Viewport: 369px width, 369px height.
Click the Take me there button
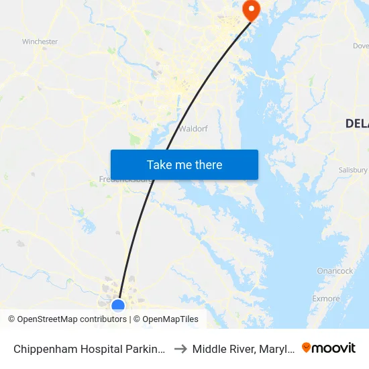click(184, 165)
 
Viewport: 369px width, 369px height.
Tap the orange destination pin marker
click(252, 10)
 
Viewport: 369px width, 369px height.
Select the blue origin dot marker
click(118, 306)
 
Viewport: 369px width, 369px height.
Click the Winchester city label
click(40, 42)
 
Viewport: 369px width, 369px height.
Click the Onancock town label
click(335, 271)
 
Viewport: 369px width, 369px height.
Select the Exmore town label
click(326, 299)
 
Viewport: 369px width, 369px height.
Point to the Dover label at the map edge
click(361, 46)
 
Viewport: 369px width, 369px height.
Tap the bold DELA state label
click(356, 123)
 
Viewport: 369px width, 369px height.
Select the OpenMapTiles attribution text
click(170, 319)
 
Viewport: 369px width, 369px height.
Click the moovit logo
click(328, 348)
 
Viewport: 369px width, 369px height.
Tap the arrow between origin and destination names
click(180, 348)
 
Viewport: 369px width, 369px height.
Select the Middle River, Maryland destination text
click(241, 348)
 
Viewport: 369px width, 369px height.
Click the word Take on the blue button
click(159, 165)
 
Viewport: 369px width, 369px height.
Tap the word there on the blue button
click(208, 165)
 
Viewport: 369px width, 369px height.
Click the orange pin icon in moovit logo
click(307, 348)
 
